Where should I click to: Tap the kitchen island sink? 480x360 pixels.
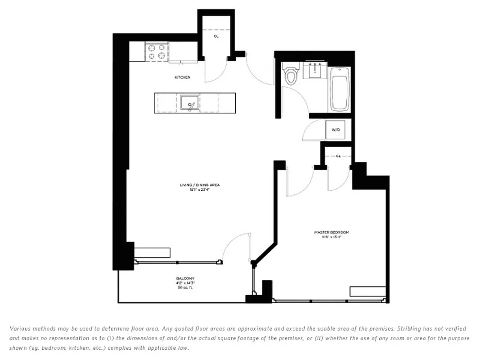point(190,103)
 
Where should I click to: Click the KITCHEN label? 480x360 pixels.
point(182,77)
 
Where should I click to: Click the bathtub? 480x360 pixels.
point(339,89)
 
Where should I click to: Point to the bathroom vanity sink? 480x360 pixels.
point(314,70)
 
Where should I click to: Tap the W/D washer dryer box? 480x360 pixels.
point(336,130)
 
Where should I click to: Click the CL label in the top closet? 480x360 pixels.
point(216,36)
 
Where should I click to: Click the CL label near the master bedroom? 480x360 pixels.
point(338,156)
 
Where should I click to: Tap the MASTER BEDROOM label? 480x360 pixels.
point(331,232)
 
